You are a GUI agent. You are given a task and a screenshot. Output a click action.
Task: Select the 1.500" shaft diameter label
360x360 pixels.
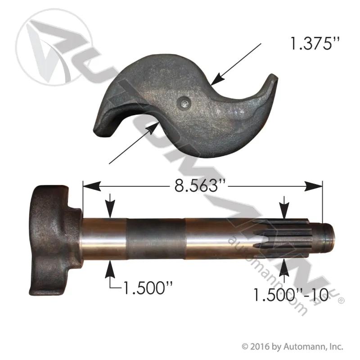(x=148, y=288)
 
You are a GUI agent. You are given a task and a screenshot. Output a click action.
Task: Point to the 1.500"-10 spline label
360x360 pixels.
(x=291, y=295)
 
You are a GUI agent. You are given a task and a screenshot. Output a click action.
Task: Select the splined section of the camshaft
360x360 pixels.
(x=281, y=238)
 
